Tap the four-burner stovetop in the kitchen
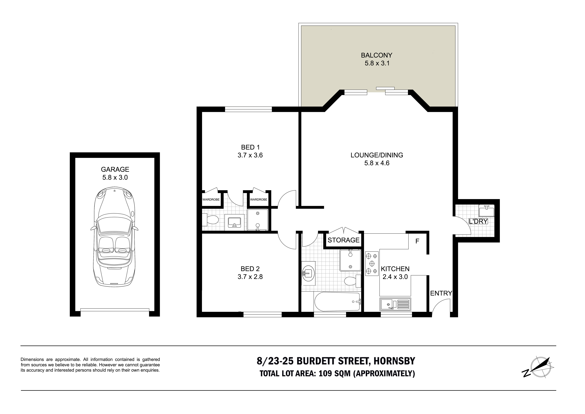[372, 264]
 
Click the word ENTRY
[441, 293]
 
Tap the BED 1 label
[250, 147]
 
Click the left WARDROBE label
[211, 199]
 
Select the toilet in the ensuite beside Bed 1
[210, 220]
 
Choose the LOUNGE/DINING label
[377, 155]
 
